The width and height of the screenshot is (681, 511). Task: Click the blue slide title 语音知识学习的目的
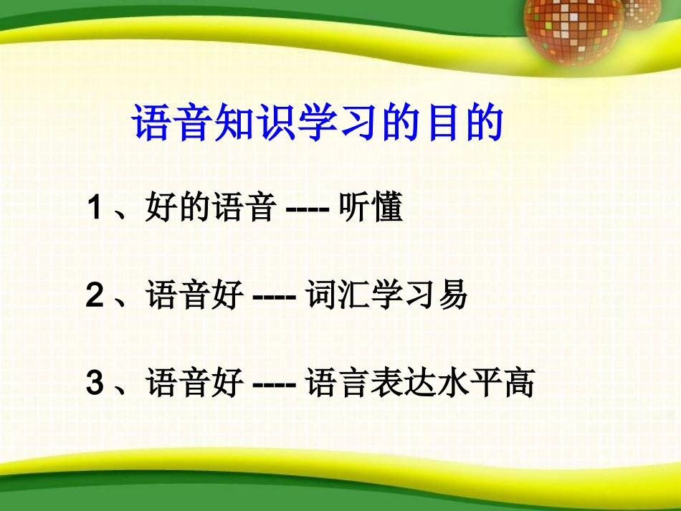pos(318,123)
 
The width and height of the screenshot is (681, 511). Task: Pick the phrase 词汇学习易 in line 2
pos(386,295)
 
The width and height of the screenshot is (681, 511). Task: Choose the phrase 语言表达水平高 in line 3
pos(420,383)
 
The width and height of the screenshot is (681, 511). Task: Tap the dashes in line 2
pos(275,297)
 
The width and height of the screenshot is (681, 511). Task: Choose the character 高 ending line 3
pos(519,383)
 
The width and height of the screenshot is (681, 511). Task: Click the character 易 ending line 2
pos(452,295)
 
